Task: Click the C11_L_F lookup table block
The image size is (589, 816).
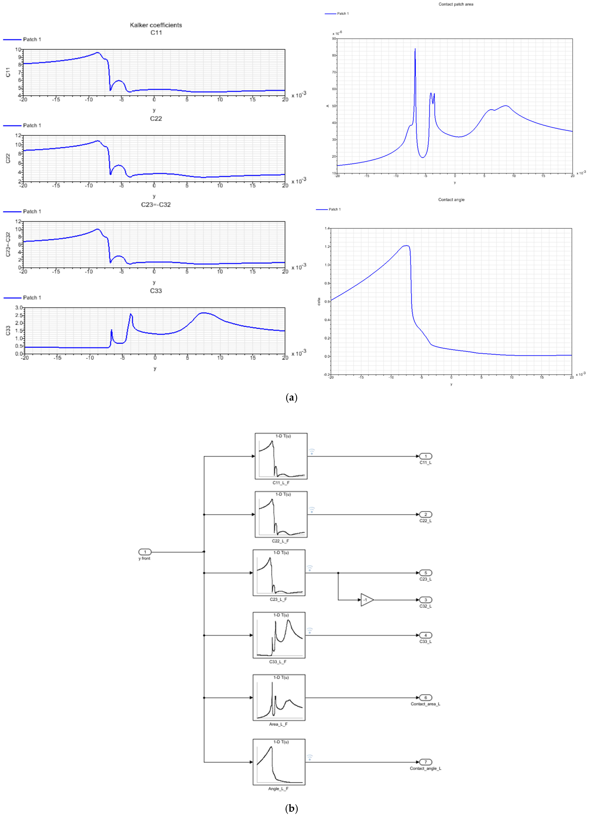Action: click(x=281, y=456)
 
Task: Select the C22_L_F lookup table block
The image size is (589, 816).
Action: click(x=281, y=514)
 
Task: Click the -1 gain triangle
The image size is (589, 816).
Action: click(x=366, y=600)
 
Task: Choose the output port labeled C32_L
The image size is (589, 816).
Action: click(x=426, y=600)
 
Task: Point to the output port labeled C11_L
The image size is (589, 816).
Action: click(x=426, y=456)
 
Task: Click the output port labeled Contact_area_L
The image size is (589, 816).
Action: click(x=426, y=698)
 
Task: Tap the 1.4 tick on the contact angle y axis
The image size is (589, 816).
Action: click(x=327, y=228)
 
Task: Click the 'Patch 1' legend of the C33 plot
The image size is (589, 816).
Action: click(x=32, y=298)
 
